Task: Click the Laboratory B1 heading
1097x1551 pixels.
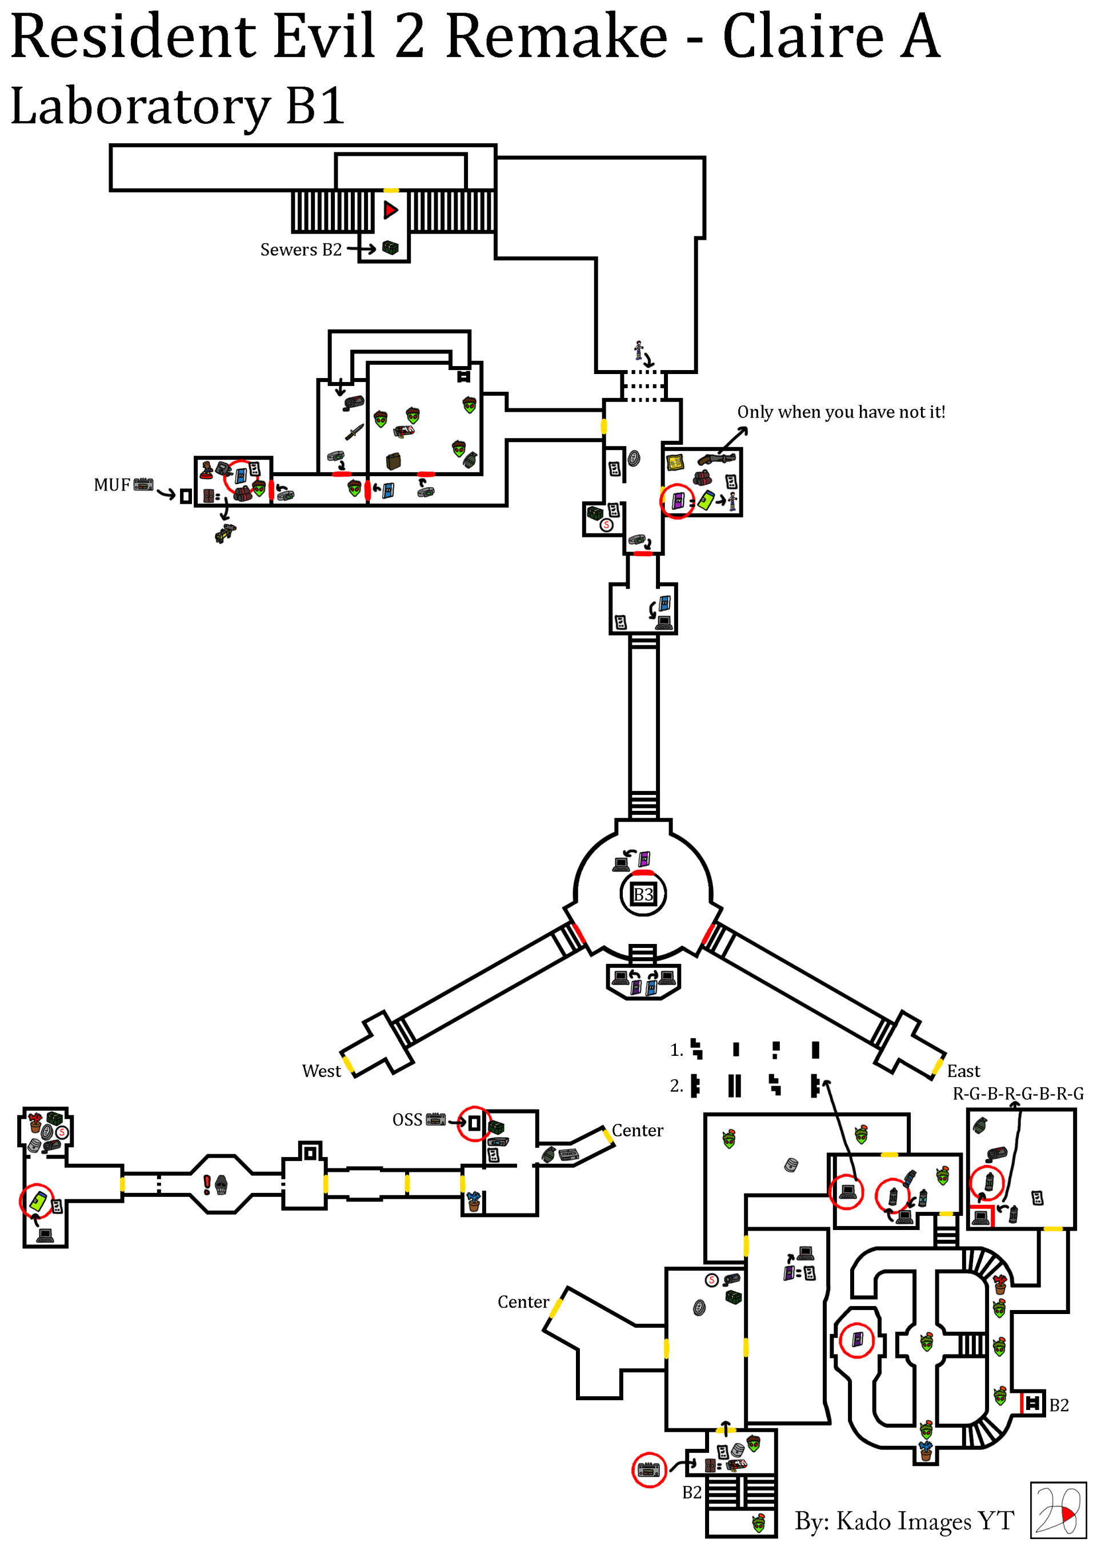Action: pos(178,106)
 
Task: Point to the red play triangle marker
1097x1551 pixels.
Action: pos(391,210)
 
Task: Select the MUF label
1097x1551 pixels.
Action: pos(111,484)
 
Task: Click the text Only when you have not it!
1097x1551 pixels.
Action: pos(841,412)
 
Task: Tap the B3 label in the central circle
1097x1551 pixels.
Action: pos(643,894)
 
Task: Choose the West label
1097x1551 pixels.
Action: pos(321,1071)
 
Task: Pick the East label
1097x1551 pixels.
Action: pos(963,1071)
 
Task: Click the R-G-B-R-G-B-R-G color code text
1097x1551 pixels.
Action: pos(1018,1093)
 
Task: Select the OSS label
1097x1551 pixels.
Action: pos(407,1119)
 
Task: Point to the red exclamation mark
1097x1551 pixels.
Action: pos(207,1184)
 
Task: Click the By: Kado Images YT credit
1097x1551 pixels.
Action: pos(904,1521)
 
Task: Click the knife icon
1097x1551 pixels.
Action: pos(354,432)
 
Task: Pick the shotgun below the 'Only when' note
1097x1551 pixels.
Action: pos(716,459)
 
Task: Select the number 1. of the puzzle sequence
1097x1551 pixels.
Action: pos(676,1050)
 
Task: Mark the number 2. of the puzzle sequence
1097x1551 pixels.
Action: pos(676,1086)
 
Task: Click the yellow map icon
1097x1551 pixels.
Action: pos(675,462)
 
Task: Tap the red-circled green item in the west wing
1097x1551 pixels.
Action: pos(38,1200)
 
